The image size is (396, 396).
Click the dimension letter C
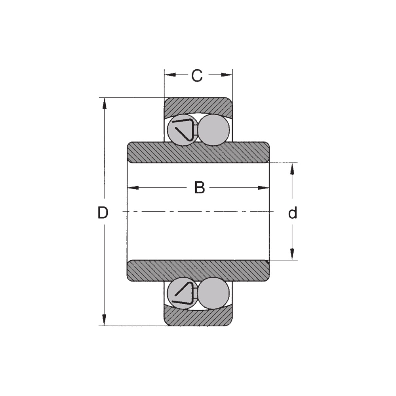(x=197, y=75)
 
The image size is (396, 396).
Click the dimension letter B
(x=199, y=187)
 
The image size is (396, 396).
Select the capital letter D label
(x=103, y=212)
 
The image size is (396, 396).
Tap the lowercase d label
(x=293, y=213)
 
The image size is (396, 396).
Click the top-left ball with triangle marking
(x=183, y=130)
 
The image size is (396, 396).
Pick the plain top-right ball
(x=214, y=130)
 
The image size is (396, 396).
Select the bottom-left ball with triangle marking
(x=183, y=293)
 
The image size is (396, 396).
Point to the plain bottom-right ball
(x=213, y=293)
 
